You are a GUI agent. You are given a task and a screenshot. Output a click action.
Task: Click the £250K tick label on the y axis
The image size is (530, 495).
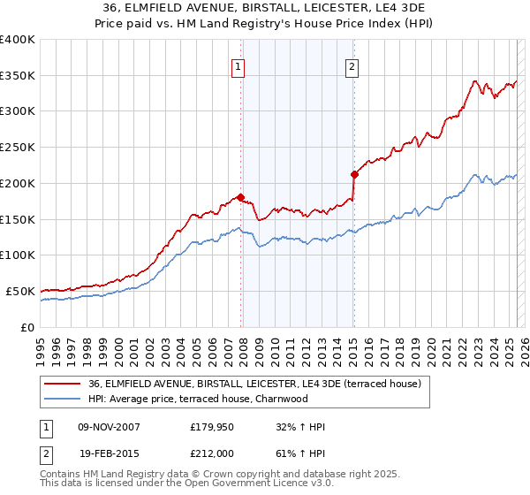18,147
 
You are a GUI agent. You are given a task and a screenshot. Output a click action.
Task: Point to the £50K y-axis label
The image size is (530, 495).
20,291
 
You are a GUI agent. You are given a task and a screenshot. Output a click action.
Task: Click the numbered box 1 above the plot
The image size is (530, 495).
238,65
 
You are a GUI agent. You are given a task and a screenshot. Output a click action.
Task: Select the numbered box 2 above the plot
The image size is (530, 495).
352,65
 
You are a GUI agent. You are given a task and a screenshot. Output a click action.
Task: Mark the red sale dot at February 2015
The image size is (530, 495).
354,174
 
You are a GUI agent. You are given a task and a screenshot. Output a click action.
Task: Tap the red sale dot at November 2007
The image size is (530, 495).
240,197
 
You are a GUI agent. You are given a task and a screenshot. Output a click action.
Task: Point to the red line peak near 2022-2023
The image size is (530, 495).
475,81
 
